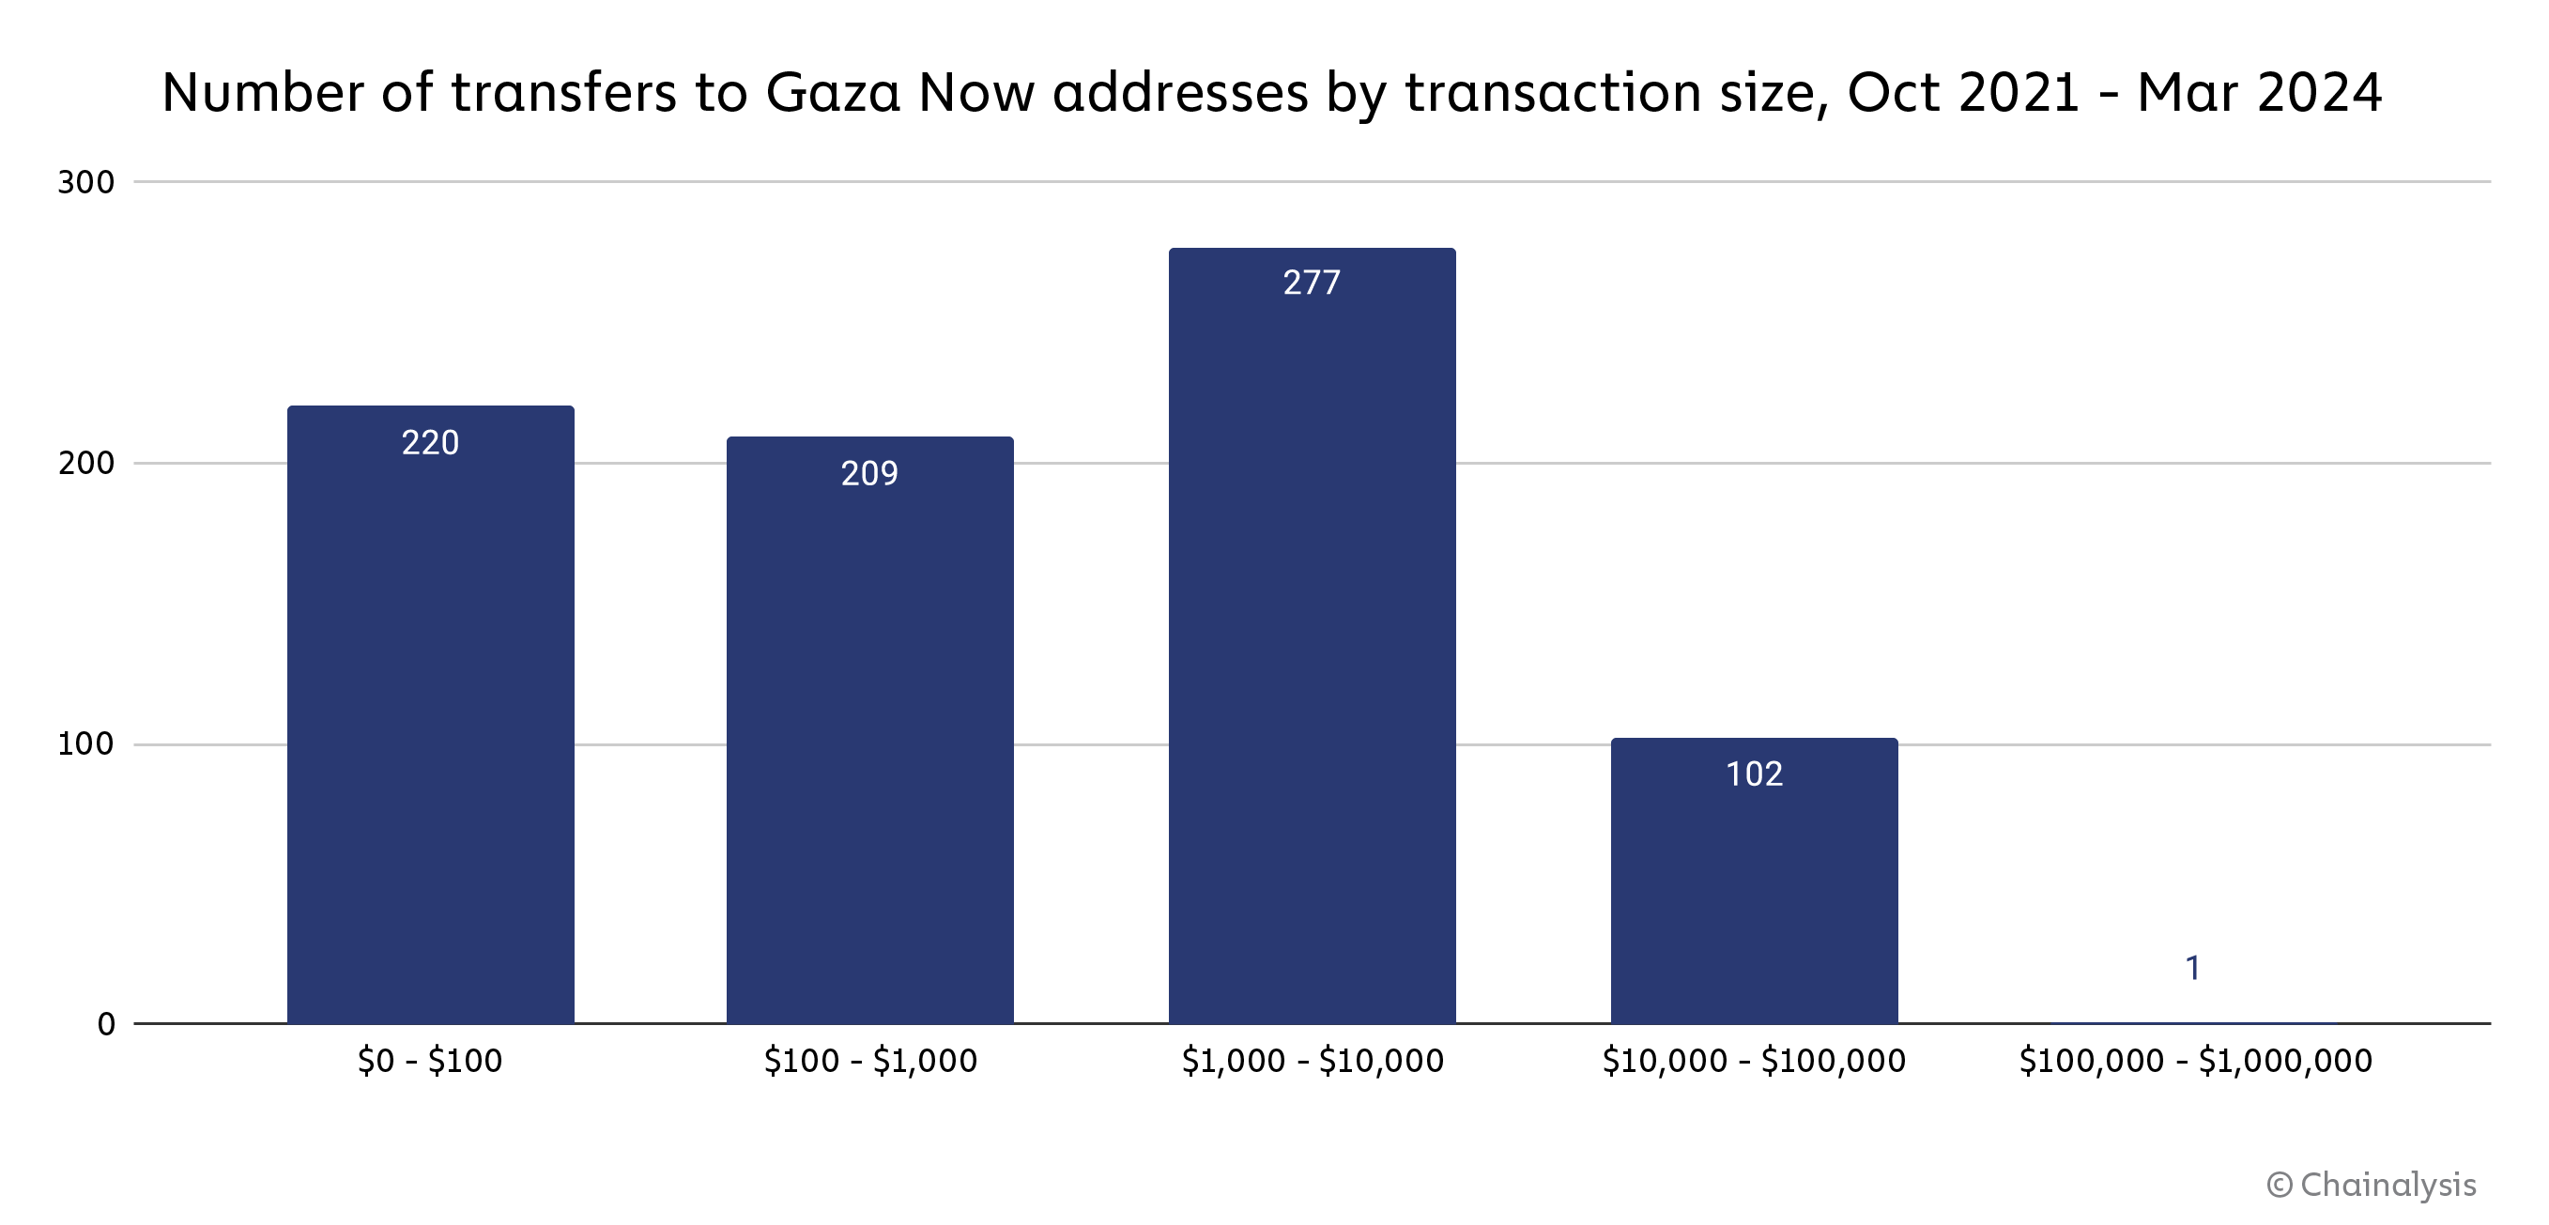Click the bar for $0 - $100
(x=430, y=714)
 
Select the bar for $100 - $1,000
(x=869, y=730)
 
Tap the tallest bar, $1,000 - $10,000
(x=1313, y=635)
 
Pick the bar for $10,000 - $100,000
(x=1754, y=880)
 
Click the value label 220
(x=430, y=442)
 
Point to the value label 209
(x=869, y=473)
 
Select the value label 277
(x=1313, y=283)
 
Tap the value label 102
(x=1755, y=773)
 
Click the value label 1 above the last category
(x=2193, y=968)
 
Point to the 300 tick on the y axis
(x=86, y=182)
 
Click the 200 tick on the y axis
(x=86, y=463)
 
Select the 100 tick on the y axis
(x=86, y=744)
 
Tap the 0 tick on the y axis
(x=106, y=1024)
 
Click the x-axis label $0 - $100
(x=430, y=1061)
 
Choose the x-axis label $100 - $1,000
(x=870, y=1061)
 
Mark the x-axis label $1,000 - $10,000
(x=1313, y=1061)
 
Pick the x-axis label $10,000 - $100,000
(x=1755, y=1061)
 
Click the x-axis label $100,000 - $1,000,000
(x=2196, y=1061)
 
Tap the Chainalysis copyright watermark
(x=2371, y=1185)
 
